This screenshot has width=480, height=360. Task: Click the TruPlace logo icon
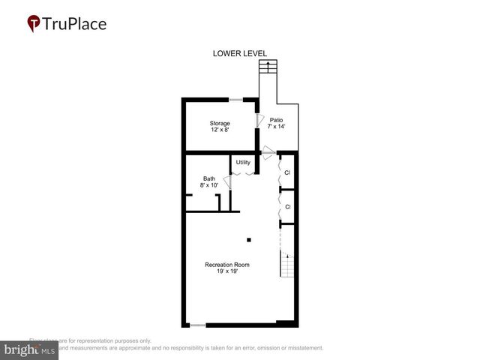(34, 24)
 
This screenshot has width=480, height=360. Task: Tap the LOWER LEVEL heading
(239, 53)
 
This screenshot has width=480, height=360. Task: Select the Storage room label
(219, 123)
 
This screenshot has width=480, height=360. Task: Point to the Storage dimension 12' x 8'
(219, 130)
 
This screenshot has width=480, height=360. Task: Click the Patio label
(277, 119)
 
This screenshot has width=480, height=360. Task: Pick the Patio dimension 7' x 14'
(277, 127)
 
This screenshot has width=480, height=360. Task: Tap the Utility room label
(243, 162)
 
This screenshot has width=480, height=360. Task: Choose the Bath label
(208, 178)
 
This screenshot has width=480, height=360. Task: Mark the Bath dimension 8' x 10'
(208, 185)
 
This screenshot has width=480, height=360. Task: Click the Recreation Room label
(227, 265)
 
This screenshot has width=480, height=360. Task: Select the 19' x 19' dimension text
(227, 272)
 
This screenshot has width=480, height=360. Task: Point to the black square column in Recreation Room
(249, 240)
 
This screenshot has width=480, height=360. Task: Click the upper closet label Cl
(287, 173)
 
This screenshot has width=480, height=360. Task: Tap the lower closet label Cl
(287, 206)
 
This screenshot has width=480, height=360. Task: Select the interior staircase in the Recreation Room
(286, 264)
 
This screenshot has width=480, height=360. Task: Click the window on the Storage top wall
(235, 100)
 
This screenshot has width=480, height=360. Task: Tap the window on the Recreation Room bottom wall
(196, 325)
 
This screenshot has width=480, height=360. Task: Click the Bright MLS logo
(30, 350)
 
